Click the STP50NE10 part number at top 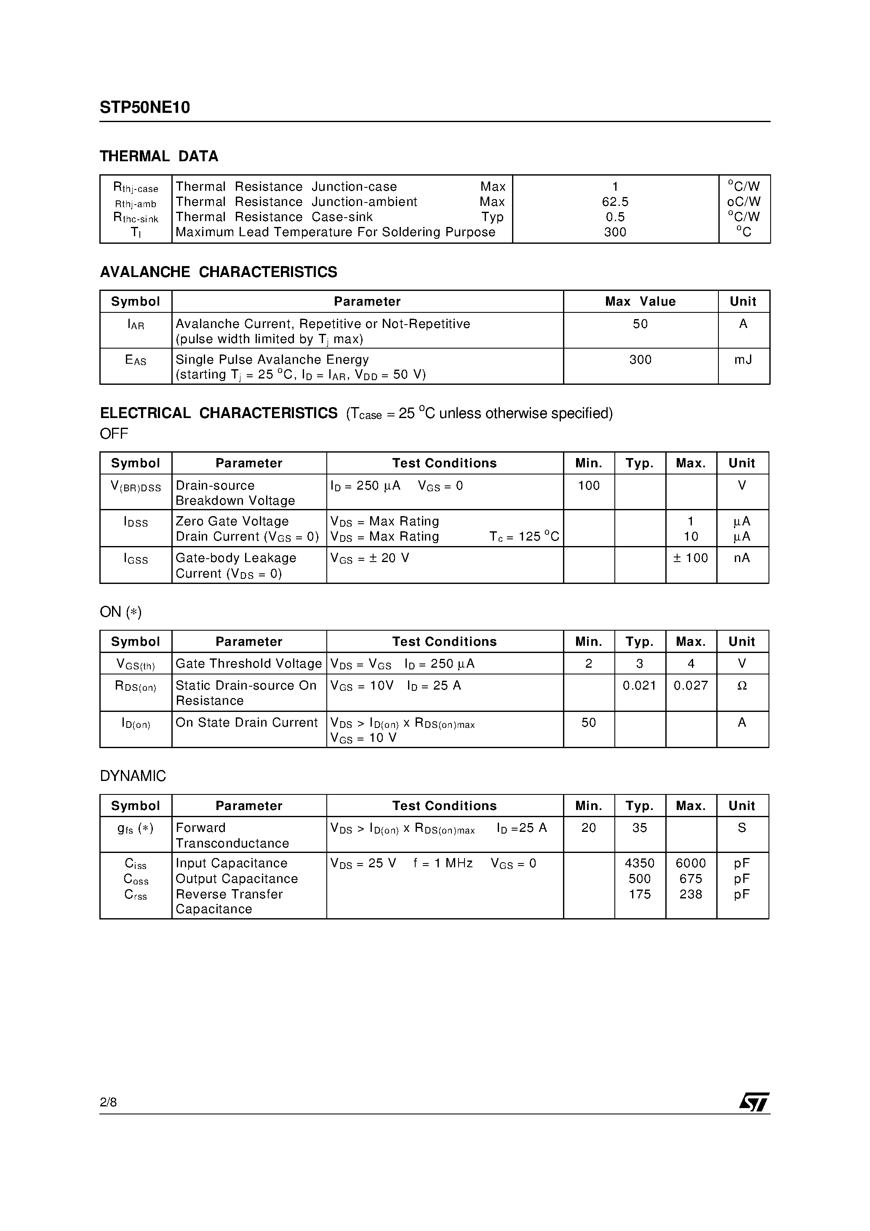[145, 108]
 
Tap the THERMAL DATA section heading [159, 156]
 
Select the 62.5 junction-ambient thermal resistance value [615, 202]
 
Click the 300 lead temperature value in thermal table [615, 232]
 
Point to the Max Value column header [640, 301]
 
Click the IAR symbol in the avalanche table [136, 324]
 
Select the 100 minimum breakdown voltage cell [588, 486]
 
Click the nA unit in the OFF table [742, 558]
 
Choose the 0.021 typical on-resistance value [639, 685]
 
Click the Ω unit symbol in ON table [742, 686]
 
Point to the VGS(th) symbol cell [136, 664]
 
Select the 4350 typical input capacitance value [639, 863]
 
